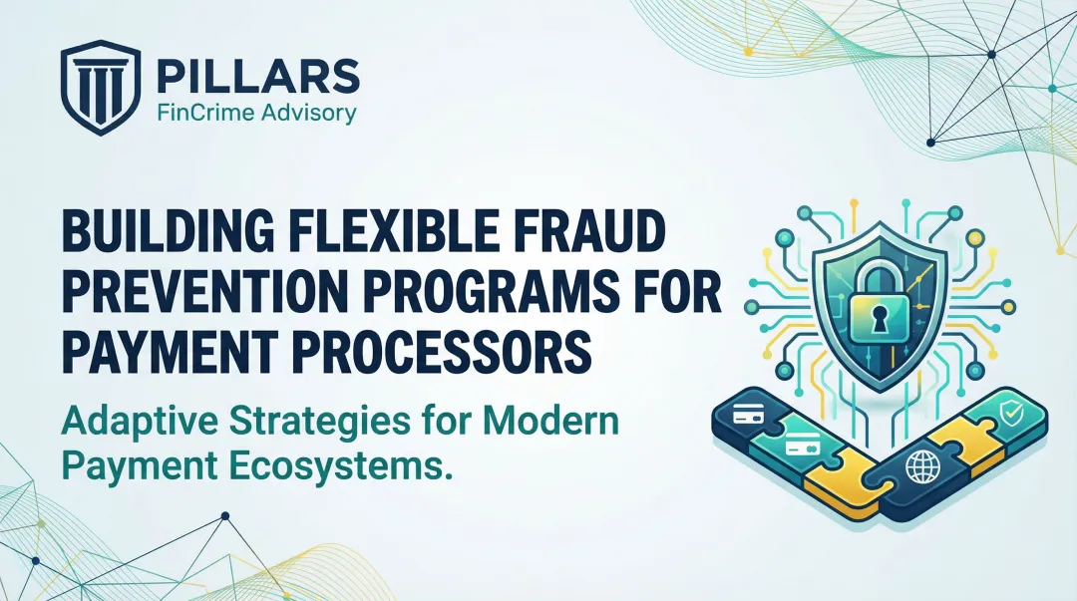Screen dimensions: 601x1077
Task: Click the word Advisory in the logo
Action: [306, 113]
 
